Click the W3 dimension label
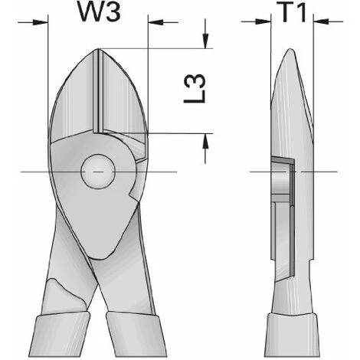point(99,13)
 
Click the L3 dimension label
point(195,89)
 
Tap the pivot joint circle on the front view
point(98,172)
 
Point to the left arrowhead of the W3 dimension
point(41,22)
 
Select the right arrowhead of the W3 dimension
point(155,22)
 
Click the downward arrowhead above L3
point(205,41)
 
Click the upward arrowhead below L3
point(205,141)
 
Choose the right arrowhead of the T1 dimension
point(321,22)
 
